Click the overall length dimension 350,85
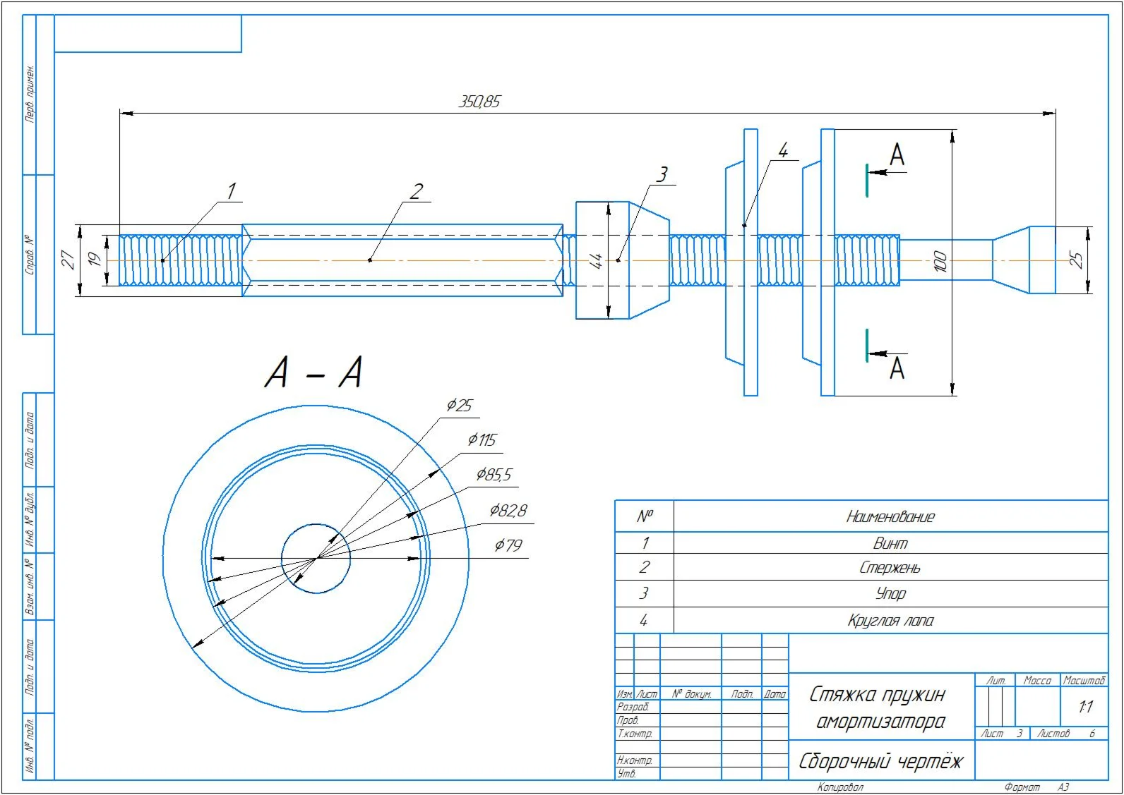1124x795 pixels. (x=479, y=102)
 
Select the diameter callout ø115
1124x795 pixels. (x=482, y=440)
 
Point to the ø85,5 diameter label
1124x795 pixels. (x=494, y=475)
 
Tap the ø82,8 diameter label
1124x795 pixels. (x=508, y=510)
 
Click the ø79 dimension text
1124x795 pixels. (x=508, y=545)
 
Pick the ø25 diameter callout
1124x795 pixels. (x=459, y=405)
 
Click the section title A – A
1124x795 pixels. (x=313, y=372)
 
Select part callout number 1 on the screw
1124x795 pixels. (x=231, y=190)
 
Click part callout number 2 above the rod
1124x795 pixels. (x=417, y=190)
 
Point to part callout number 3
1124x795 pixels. (x=662, y=174)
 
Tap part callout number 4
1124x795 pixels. (x=782, y=150)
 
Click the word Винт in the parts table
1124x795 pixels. (x=890, y=543)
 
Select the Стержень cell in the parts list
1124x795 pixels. (x=890, y=568)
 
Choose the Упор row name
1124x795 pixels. (x=890, y=594)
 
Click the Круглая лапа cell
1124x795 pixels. (x=890, y=621)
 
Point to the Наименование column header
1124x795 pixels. (x=890, y=517)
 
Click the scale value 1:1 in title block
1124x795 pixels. (x=1085, y=706)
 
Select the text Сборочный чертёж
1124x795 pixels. (x=880, y=762)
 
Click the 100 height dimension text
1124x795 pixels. (x=940, y=261)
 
